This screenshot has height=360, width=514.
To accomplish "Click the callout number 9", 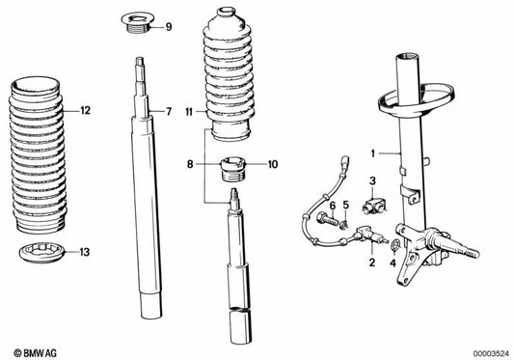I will click(169, 26).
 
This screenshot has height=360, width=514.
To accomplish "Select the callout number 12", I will click(86, 112).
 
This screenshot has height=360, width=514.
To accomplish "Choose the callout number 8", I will click(190, 164).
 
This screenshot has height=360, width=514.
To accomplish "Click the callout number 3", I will click(372, 181).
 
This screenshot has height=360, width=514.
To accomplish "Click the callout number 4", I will click(393, 262).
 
